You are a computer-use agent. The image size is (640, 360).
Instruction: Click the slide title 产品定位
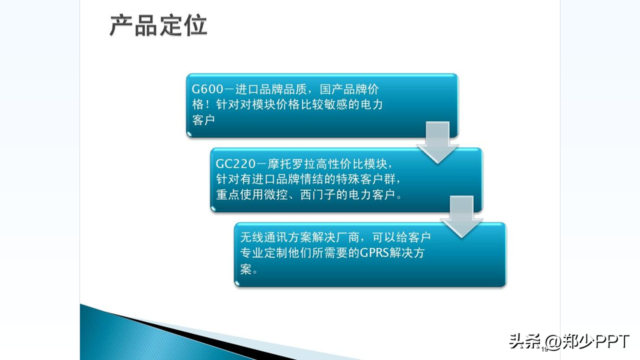point(158,25)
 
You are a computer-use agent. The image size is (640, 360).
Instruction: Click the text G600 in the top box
point(207,89)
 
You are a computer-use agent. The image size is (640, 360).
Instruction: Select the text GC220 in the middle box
point(235,163)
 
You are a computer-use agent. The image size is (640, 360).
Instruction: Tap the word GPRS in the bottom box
point(374,252)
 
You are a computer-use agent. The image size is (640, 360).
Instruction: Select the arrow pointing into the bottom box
point(461,216)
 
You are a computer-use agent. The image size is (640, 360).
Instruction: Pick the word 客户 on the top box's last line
point(203,120)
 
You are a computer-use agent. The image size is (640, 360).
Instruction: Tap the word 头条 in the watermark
point(525,341)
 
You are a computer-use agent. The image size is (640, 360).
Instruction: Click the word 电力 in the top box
point(371,104)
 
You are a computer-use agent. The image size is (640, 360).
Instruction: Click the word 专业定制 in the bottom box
point(263,253)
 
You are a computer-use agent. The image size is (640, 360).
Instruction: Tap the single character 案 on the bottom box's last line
point(245,269)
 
